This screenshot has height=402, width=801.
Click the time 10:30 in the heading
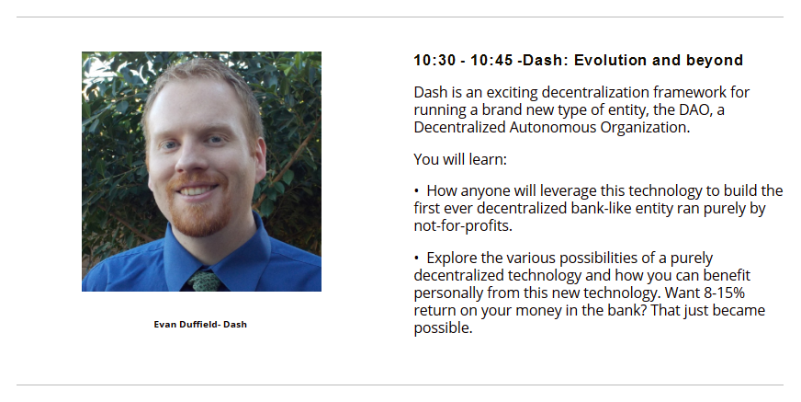coord(434,61)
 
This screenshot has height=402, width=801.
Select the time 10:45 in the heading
coord(491,61)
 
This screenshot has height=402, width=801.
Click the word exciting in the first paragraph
coord(512,93)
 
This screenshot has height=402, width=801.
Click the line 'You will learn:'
coord(460,159)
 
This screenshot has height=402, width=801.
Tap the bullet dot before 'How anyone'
coord(417,191)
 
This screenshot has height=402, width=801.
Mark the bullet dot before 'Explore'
coord(417,258)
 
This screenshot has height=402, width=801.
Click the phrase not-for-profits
coord(463,225)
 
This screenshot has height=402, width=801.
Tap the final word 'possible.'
coord(443,327)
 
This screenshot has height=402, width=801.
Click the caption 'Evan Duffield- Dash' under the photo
coord(200,324)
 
